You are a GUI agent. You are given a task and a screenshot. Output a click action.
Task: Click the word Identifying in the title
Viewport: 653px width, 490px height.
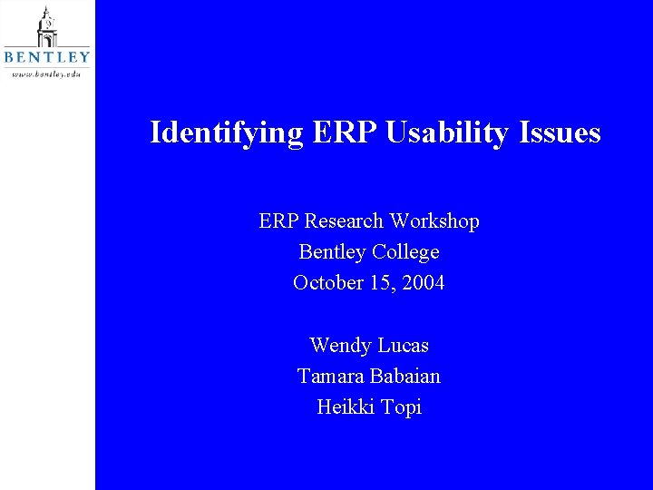click(227, 133)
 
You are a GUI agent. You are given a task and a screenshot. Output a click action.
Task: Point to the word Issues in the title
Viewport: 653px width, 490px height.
click(560, 132)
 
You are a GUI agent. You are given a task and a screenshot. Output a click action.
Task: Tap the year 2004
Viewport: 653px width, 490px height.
click(423, 283)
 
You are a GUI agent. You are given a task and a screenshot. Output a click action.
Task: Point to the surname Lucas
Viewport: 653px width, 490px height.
click(403, 346)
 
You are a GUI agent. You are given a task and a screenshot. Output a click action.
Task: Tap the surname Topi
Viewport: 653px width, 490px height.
click(402, 407)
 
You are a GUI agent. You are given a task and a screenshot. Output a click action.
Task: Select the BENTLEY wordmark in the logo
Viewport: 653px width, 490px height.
click(47, 57)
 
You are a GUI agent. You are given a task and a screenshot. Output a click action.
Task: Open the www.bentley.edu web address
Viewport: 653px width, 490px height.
click(46, 73)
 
